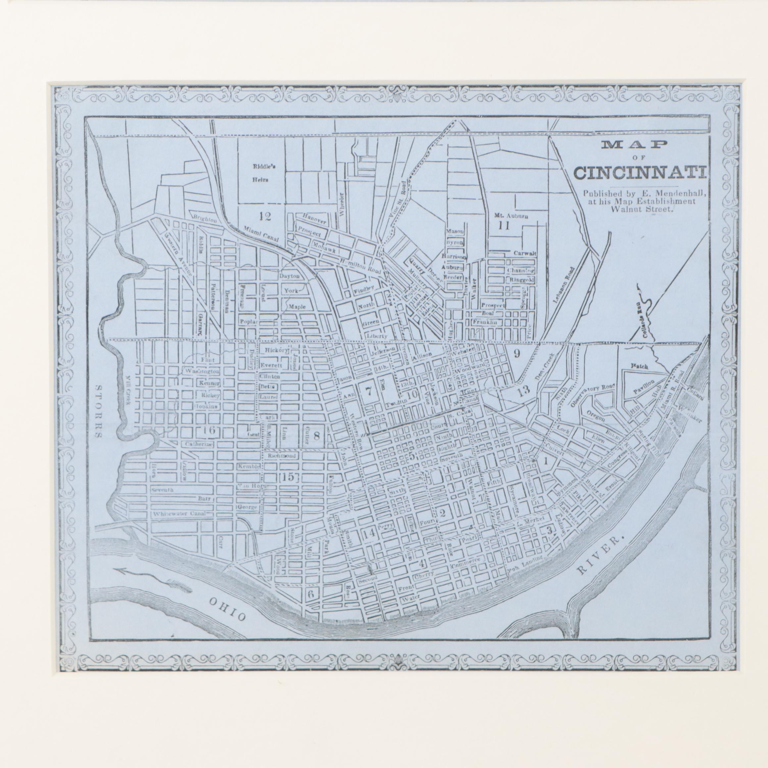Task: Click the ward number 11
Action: (504, 226)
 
